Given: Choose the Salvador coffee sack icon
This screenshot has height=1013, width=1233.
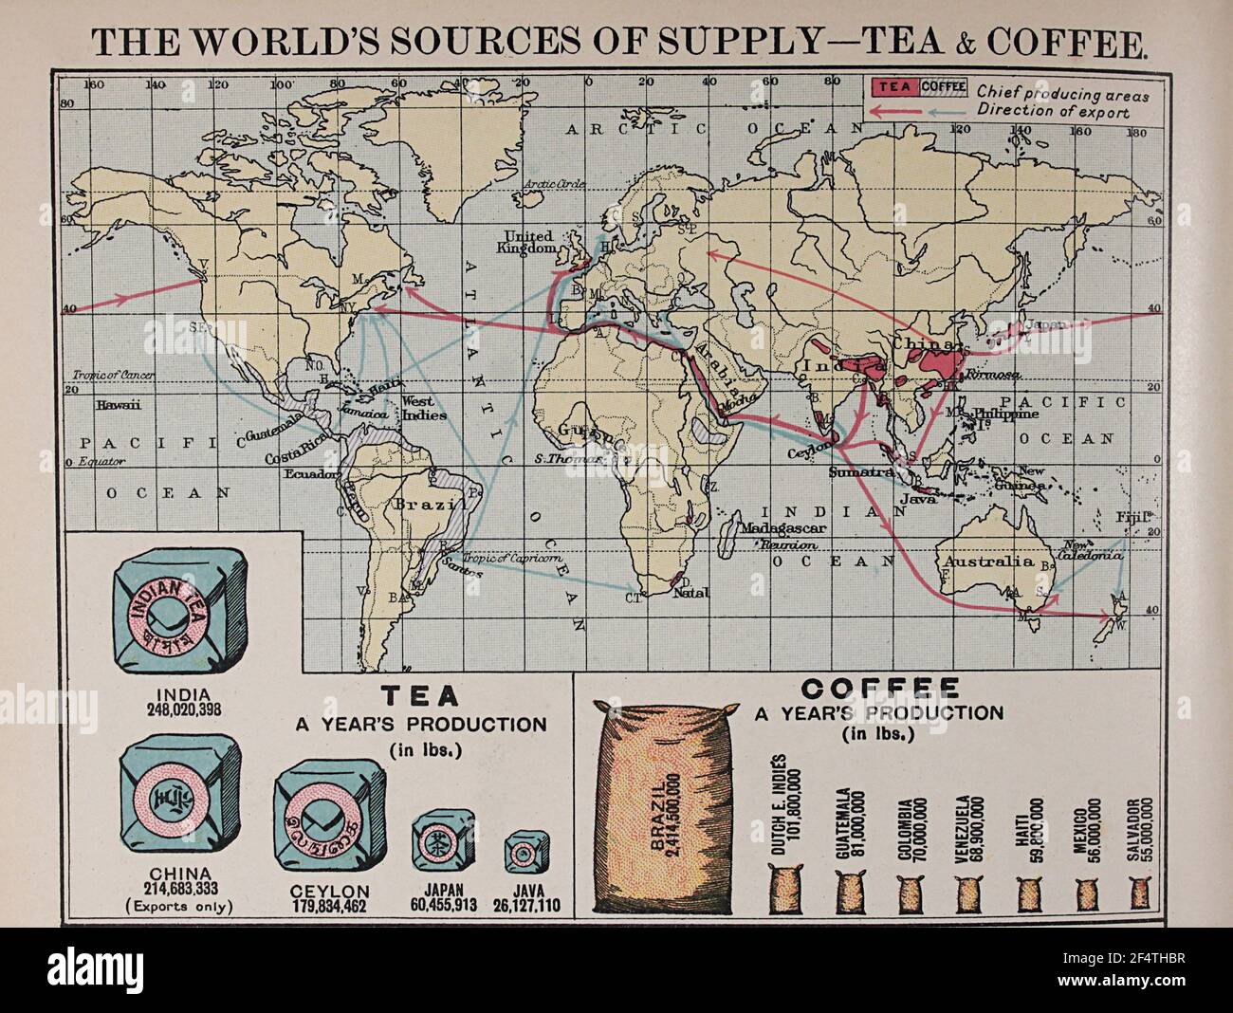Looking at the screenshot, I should (x=1141, y=893).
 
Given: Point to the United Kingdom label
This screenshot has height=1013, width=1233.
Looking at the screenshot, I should (x=528, y=242).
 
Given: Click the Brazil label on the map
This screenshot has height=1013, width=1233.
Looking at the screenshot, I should (x=419, y=504).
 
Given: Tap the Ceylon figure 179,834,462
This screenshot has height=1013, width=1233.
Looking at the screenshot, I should (x=330, y=907).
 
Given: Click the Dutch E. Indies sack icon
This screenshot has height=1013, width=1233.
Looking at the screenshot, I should (x=784, y=893).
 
